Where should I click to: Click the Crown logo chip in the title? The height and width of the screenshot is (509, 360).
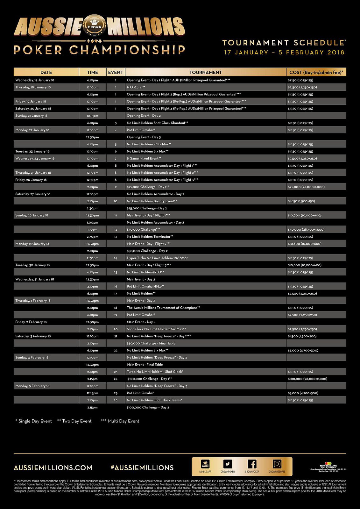tap(94, 25)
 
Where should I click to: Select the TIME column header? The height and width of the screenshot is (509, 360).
tap(92, 72)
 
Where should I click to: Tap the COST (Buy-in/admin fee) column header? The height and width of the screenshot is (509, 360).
tap(316, 72)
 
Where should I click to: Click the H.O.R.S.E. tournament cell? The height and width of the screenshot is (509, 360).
tap(136, 87)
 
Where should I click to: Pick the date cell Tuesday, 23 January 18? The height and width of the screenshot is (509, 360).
tap(32, 151)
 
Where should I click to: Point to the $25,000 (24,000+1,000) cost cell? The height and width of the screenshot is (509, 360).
tap(306, 187)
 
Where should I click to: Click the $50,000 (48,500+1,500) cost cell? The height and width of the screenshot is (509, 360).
tap(306, 230)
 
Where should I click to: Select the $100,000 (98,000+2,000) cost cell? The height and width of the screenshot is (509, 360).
tap(307, 379)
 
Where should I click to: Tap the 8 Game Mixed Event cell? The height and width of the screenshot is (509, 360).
tap(144, 158)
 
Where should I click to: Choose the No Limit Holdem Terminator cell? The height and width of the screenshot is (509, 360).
tap(150, 237)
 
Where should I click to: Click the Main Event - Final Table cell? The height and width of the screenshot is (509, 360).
tap(145, 365)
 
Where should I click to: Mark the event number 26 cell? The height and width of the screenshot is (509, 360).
tap(116, 400)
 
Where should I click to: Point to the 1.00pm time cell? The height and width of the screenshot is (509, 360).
tap(92, 222)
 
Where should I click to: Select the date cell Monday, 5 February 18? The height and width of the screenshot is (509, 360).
tap(32, 386)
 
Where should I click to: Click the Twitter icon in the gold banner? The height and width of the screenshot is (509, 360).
tap(228, 464)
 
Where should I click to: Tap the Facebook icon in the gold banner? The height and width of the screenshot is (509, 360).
tap(252, 464)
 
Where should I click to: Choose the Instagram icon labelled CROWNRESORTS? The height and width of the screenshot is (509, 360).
tap(277, 464)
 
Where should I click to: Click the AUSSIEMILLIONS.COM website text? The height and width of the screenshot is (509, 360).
tap(53, 468)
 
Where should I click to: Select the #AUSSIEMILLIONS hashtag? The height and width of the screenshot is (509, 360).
tap(142, 468)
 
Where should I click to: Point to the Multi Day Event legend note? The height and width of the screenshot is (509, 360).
tap(120, 421)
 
